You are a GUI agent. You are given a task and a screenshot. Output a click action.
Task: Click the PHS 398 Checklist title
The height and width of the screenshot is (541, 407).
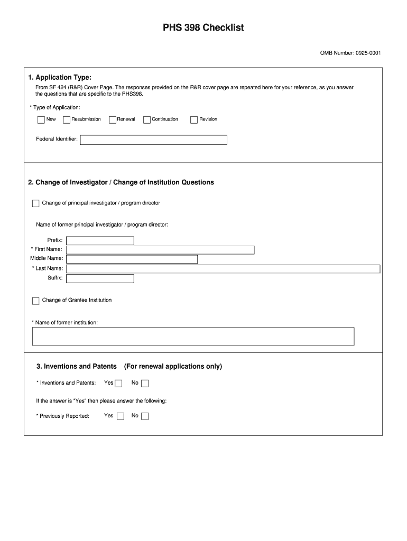click(x=203, y=27)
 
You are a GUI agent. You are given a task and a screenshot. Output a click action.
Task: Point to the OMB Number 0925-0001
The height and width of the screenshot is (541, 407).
click(x=350, y=53)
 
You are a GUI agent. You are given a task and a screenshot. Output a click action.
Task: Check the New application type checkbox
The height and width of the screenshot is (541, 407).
click(x=41, y=119)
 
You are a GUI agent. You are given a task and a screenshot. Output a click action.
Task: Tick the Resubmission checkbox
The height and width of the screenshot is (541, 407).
click(x=67, y=119)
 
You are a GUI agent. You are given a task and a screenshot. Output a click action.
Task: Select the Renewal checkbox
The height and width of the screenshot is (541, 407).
click(x=113, y=119)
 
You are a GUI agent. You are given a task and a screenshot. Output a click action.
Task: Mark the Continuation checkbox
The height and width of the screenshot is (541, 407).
click(x=147, y=119)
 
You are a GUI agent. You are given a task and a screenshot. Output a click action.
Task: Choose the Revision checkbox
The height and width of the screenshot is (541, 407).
click(x=194, y=119)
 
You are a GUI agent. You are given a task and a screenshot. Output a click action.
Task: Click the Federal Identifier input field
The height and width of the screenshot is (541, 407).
click(x=153, y=139)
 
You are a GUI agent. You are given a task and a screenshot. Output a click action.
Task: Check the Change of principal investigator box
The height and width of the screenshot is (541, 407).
click(x=35, y=203)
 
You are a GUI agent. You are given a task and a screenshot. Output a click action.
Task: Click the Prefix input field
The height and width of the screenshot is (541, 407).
click(x=100, y=241)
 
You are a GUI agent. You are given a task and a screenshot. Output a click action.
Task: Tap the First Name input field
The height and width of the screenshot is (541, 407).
click(x=160, y=250)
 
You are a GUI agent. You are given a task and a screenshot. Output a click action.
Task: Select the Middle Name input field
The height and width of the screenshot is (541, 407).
click(x=132, y=259)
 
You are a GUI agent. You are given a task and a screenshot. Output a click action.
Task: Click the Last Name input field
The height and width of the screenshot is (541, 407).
click(x=223, y=269)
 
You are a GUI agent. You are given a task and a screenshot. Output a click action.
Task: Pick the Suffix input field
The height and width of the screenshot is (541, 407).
click(x=100, y=278)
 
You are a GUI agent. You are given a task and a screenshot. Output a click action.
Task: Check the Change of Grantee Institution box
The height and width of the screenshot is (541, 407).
click(x=35, y=301)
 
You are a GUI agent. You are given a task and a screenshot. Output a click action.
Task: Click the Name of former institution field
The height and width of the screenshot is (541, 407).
click(x=193, y=336)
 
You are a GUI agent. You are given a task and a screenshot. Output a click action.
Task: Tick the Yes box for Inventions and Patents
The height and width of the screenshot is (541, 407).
click(x=119, y=384)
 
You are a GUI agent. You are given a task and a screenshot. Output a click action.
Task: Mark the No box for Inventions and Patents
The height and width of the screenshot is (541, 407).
click(x=145, y=384)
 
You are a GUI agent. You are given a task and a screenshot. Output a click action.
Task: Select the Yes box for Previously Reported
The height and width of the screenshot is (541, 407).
click(x=121, y=416)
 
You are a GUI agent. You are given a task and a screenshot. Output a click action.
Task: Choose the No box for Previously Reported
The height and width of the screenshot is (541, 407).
click(x=145, y=416)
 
